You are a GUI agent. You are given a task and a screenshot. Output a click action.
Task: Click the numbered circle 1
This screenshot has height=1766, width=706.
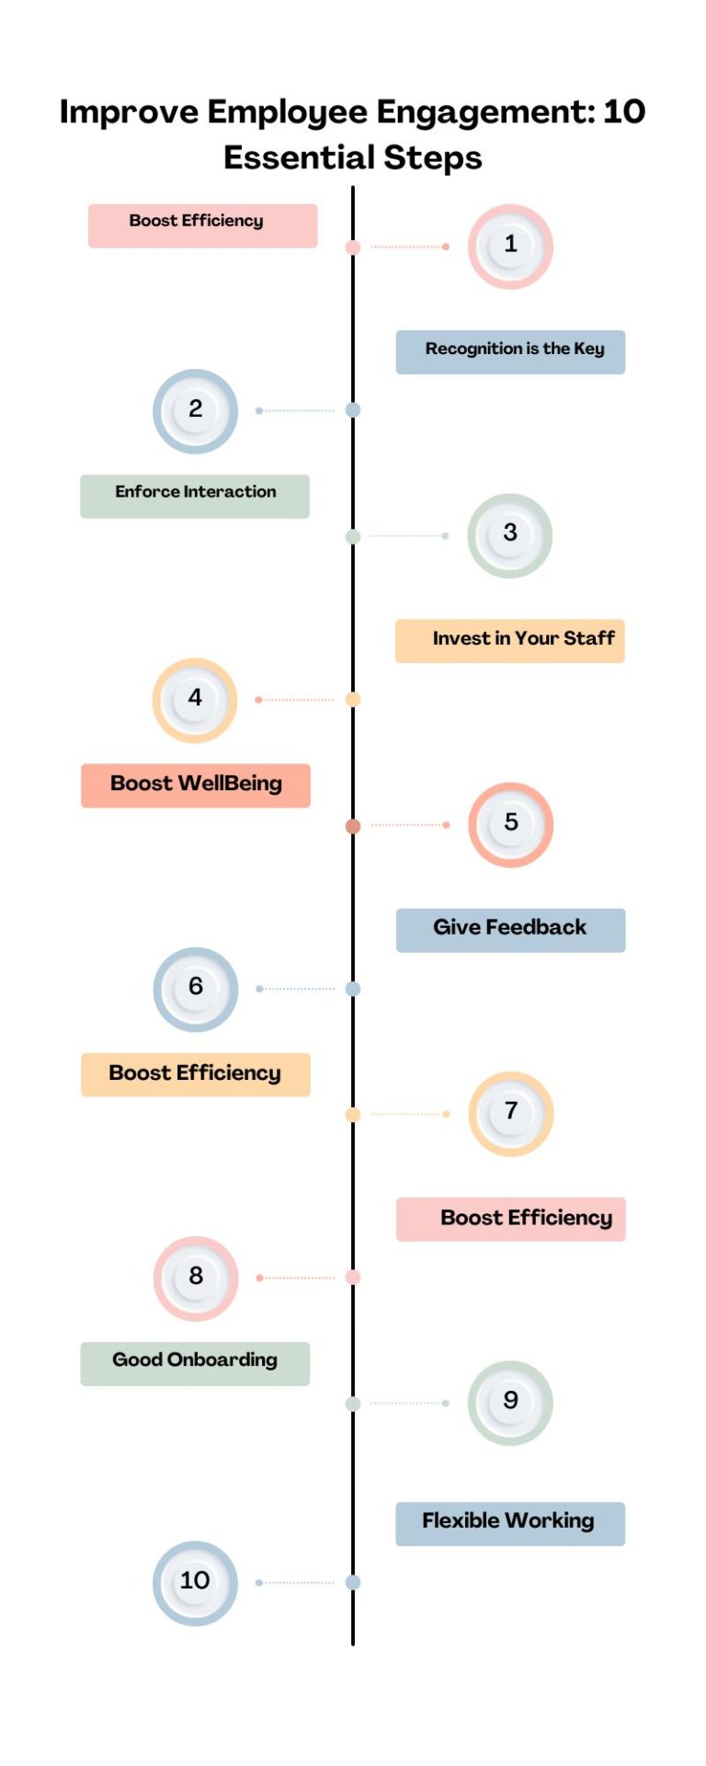point(510,246)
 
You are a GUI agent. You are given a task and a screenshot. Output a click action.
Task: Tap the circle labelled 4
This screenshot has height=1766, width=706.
point(195,700)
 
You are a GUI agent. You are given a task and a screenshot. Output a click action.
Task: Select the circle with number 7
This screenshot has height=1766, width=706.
point(510,1113)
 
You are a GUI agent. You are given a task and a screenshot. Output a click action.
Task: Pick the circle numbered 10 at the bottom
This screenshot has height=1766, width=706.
point(195,1582)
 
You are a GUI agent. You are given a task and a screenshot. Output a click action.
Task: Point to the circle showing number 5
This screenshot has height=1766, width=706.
point(510,824)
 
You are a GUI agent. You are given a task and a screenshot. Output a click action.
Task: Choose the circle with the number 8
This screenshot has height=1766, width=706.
point(195,1278)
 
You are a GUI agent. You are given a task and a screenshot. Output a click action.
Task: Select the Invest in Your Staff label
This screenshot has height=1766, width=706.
point(510,640)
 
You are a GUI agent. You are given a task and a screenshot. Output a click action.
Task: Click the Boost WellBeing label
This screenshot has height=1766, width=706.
point(196,785)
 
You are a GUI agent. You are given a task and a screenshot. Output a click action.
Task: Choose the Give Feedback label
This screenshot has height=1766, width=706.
point(510,929)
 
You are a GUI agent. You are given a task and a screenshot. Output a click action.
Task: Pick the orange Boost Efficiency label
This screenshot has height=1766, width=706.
point(196,1074)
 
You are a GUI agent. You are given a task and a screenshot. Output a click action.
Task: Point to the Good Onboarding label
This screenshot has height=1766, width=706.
point(195,1362)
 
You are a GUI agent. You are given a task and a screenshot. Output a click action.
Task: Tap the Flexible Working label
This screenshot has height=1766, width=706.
point(510,1523)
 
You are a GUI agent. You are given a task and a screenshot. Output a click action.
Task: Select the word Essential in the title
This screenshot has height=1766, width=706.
point(299,158)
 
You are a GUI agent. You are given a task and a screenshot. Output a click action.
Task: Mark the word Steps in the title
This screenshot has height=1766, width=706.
point(433,158)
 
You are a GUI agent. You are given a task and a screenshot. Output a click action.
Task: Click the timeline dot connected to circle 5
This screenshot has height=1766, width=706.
point(353,826)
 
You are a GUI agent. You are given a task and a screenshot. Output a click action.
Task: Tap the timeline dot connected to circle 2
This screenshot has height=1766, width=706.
point(353,410)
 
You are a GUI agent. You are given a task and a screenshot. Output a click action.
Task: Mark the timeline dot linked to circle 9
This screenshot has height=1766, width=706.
point(353,1404)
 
